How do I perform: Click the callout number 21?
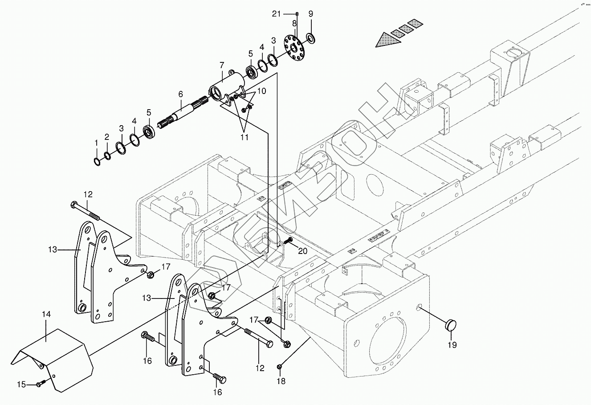(x=277, y=14)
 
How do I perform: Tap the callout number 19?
(x=452, y=344)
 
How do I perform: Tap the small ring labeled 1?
(x=97, y=161)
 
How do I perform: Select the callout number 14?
(x=47, y=315)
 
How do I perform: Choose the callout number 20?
(x=302, y=251)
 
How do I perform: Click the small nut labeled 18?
(x=280, y=366)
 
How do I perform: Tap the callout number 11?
(x=245, y=137)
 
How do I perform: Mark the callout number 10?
(x=261, y=91)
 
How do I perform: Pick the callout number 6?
(x=180, y=94)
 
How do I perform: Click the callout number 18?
(x=281, y=381)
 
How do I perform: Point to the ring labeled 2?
(x=107, y=155)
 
